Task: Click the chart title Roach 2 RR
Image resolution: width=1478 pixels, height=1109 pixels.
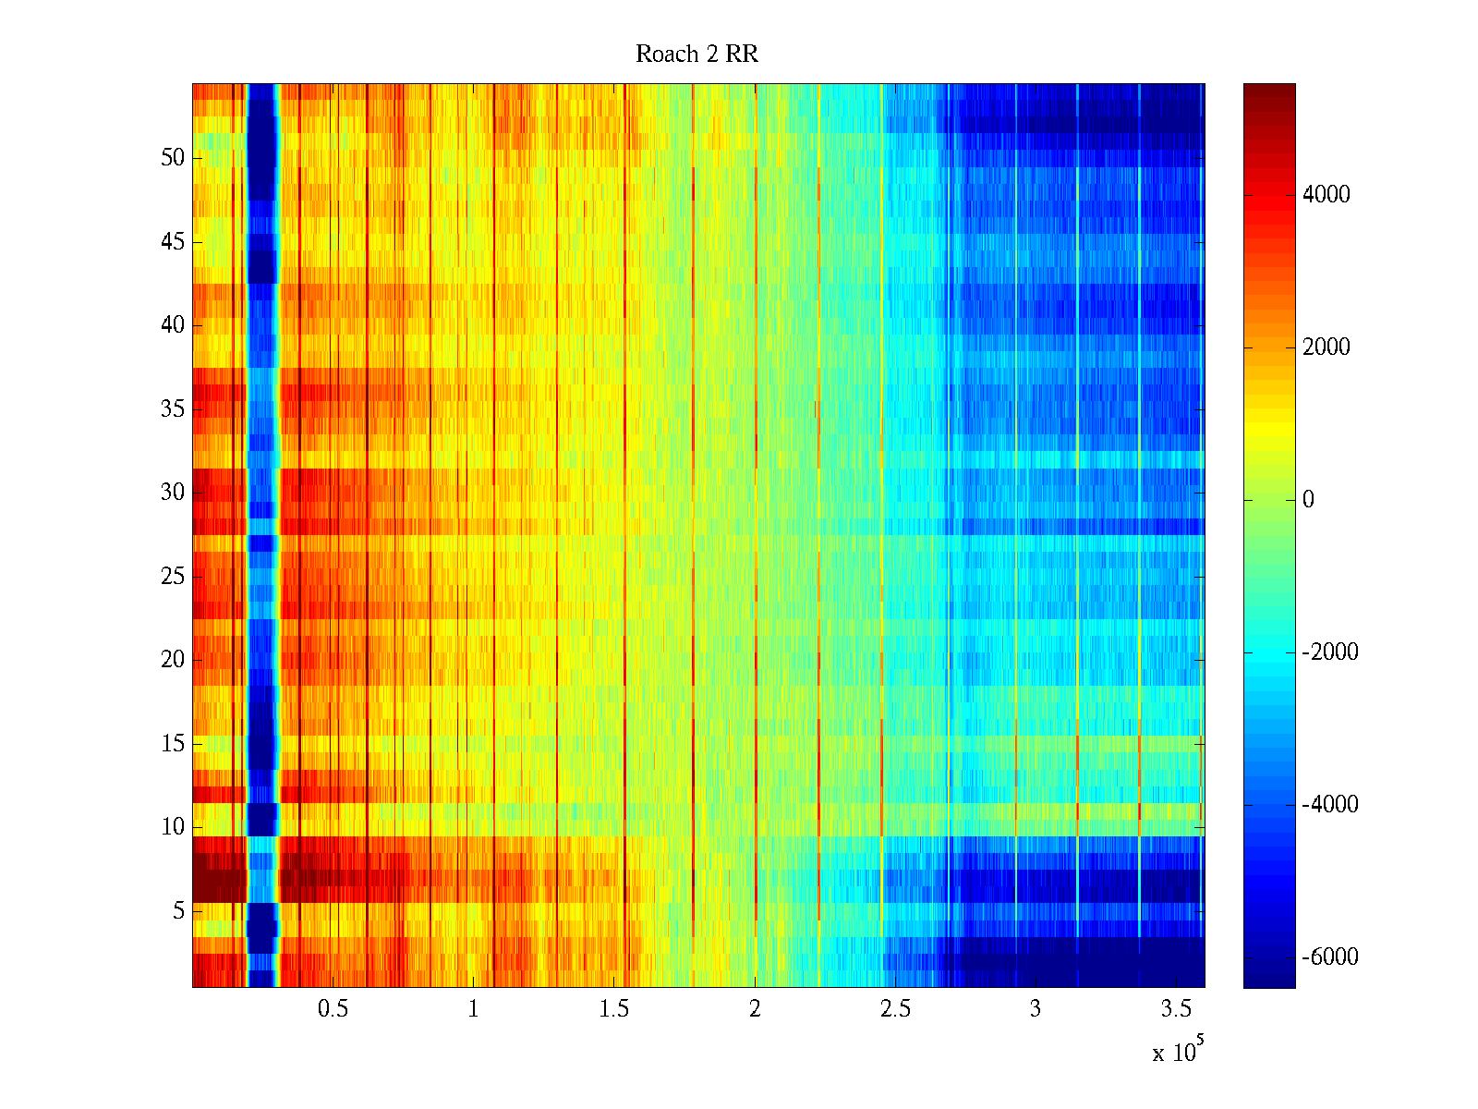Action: point(697,55)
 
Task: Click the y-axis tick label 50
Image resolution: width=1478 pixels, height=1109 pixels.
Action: point(173,158)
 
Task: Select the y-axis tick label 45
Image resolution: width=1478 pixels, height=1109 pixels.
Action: point(173,242)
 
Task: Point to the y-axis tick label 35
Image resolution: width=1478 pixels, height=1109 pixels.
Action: point(173,409)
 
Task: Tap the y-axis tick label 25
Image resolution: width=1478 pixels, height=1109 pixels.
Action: point(173,577)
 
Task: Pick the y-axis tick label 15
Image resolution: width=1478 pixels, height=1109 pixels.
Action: point(173,744)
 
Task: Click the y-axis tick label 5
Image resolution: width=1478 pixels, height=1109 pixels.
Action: point(178,911)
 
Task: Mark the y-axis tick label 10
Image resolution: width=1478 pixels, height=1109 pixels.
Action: point(173,827)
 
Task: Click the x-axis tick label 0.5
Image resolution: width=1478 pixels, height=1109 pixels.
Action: point(333,1009)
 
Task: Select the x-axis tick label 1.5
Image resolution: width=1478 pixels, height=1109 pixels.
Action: point(613,1009)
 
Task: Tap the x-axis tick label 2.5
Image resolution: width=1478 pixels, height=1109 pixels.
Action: point(895,1009)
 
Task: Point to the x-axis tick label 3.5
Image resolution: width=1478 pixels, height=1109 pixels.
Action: point(1176,1009)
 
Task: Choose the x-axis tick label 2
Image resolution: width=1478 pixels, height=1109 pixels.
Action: point(755,1009)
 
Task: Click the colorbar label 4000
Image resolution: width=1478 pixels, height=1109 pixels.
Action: point(1326,195)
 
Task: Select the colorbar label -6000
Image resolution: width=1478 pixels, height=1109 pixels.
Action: point(1329,957)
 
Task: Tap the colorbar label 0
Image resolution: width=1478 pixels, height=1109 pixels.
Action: point(1308,500)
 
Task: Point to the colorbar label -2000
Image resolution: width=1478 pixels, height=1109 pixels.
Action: point(1329,652)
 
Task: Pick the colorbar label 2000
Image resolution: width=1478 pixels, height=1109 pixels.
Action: point(1326,347)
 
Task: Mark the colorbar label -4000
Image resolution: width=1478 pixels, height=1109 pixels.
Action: point(1329,805)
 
